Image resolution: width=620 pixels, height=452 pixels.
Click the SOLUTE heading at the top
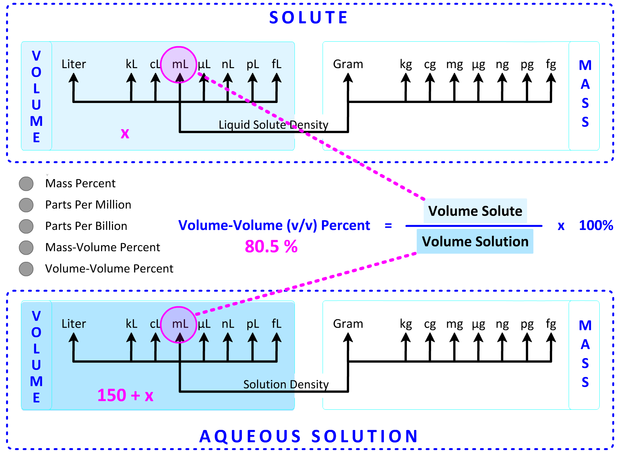point(308,18)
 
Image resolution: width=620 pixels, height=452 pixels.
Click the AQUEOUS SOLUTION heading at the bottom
point(308,436)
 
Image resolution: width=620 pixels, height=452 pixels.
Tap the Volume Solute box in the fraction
point(475,211)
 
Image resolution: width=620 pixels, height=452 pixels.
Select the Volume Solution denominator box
point(475,241)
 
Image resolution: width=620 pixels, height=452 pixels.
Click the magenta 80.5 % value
point(271,246)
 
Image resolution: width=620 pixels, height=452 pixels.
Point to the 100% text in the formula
point(596,225)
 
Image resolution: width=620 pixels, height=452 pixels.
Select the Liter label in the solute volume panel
point(74,64)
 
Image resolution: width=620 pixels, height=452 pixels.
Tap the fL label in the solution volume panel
point(276,324)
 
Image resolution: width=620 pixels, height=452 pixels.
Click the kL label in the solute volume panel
point(131,64)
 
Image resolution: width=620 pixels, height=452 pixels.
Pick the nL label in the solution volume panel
point(228,324)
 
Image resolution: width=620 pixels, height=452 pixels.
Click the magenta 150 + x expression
point(125,395)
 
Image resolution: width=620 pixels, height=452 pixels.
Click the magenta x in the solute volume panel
point(125,133)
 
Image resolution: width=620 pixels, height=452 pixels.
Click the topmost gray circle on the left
point(26,184)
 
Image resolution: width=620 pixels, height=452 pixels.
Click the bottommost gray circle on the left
point(26,269)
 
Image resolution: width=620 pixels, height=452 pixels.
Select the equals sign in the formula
point(388,225)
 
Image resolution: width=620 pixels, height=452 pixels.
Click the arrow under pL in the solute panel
point(253,87)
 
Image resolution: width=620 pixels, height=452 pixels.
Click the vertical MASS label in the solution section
point(585,354)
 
